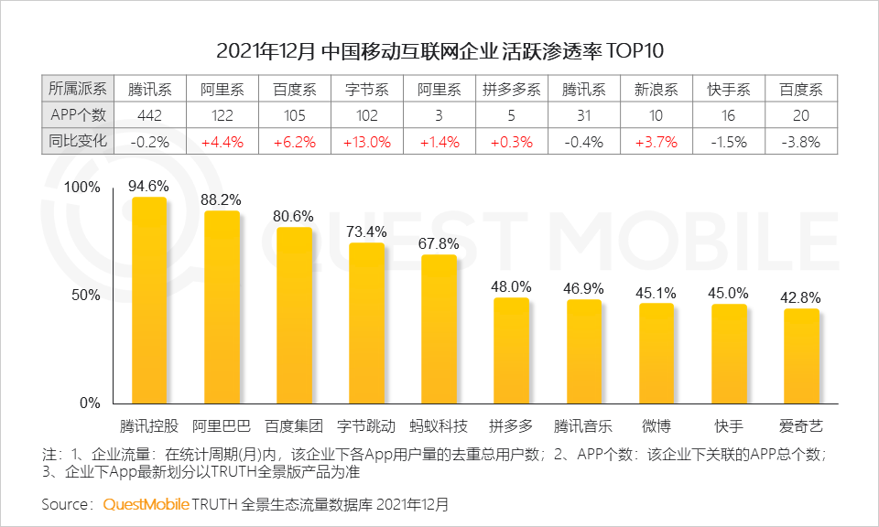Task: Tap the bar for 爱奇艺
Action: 801,356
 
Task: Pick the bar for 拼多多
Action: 511,350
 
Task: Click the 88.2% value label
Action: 222,199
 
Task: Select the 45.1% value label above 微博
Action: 656,293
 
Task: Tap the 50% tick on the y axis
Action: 86,295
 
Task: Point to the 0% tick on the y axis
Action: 90,403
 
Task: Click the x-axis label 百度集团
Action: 294,425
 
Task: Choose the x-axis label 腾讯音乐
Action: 583,425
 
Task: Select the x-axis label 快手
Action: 729,425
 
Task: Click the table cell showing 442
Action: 149,115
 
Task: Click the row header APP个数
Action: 78,115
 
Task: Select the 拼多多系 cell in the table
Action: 511,90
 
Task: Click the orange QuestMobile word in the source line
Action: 146,504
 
